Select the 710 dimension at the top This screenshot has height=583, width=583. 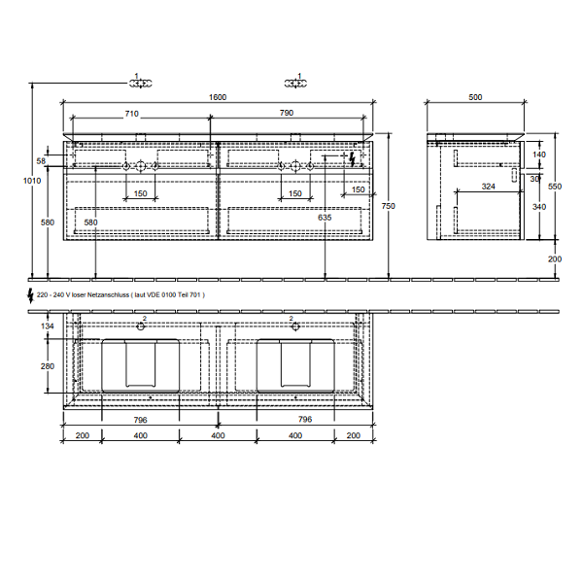coord(130,114)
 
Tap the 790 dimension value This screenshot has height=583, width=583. coord(287,114)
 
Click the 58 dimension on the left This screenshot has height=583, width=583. coord(41,160)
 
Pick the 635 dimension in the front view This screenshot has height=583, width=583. coord(325,218)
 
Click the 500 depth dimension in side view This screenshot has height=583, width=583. coord(475,97)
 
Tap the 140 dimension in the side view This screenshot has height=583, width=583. coord(538,154)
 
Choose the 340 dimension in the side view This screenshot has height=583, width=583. coord(538,206)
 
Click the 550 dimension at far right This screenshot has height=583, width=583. coord(555,186)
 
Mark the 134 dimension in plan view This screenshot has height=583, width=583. coord(48,326)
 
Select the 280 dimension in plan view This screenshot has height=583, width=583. coord(48,366)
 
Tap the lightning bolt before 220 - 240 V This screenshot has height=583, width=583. coord(30,292)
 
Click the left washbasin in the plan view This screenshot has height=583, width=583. coord(141,366)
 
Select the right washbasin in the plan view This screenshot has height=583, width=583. coord(295,366)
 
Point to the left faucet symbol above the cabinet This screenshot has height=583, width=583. coord(142,80)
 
